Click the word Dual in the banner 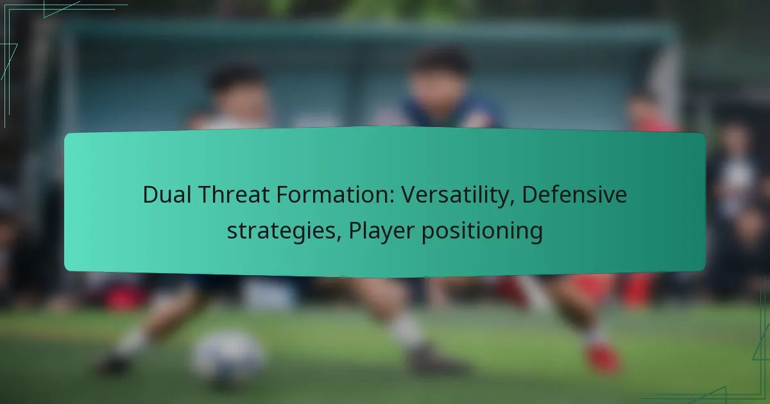coord(167,194)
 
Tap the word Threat coord(234,194)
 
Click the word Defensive coord(574,194)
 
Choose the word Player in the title coord(381,231)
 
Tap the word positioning coord(482,231)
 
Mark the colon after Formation coord(391,197)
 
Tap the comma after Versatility coord(512,203)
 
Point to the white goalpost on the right coord(669,86)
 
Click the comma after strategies coord(339,239)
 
